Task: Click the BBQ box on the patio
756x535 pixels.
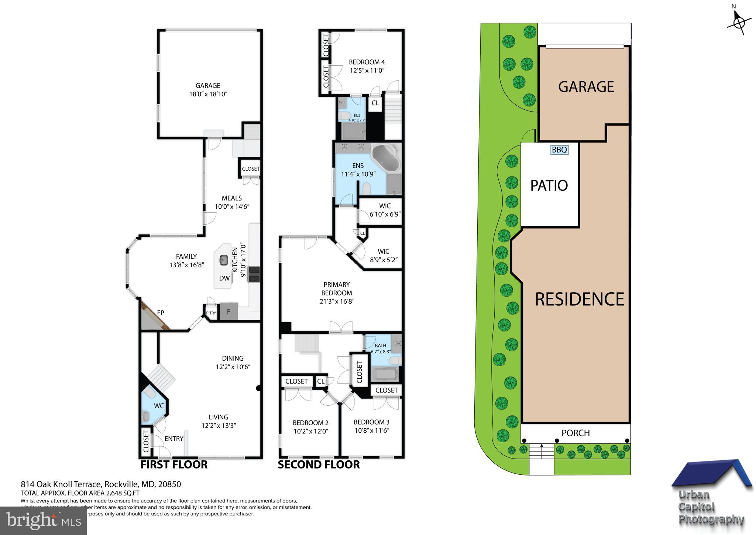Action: (559, 150)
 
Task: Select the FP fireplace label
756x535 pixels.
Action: (161, 313)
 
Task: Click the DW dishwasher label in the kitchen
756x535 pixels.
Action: (224, 278)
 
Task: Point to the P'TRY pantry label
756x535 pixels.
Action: (211, 313)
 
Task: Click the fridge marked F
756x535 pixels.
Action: (228, 311)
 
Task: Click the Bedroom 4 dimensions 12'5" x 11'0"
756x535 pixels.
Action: (367, 70)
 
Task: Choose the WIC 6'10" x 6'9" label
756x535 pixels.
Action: (385, 214)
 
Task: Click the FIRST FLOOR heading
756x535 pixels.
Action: (174, 464)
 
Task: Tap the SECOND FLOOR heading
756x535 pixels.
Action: (319, 464)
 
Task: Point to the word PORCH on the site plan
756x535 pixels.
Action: (575, 433)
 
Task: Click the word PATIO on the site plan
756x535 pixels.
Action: (549, 185)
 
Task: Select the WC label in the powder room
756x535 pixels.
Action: (159, 406)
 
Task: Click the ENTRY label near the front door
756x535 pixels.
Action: (174, 439)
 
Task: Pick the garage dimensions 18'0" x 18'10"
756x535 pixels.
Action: (208, 94)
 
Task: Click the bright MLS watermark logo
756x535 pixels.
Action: (43, 521)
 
